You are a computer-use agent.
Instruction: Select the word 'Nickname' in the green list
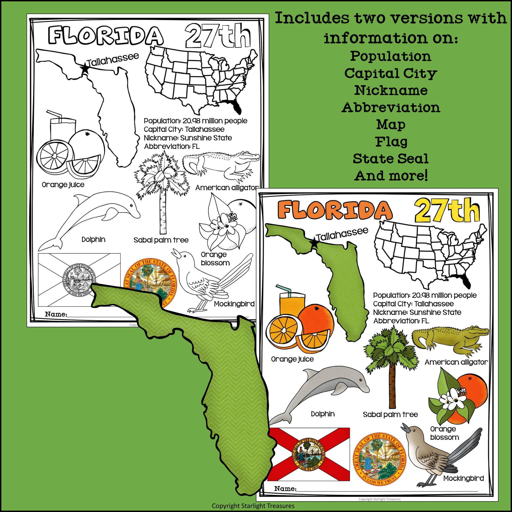pos(391,90)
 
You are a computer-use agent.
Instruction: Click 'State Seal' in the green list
pos(391,159)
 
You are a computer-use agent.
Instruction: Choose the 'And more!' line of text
pos(391,176)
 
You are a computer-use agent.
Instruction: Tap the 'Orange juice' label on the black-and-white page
pos(63,185)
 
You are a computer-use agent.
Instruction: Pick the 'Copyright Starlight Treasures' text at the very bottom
pos(253,506)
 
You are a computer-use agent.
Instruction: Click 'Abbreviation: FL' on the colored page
pos(401,321)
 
